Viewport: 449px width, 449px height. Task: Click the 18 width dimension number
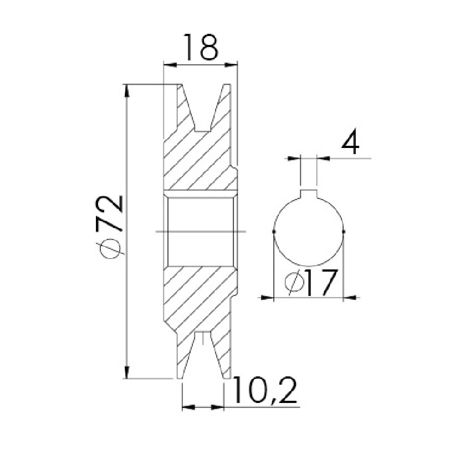click(x=201, y=47)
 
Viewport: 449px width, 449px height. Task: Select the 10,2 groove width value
click(x=265, y=390)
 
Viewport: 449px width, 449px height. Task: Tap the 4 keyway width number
click(x=350, y=141)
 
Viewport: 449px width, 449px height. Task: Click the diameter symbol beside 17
click(x=294, y=282)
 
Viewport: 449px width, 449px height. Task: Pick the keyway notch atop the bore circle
click(x=308, y=194)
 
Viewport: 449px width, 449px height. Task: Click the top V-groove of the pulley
click(x=203, y=108)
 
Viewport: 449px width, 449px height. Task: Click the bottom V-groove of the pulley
click(x=203, y=355)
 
